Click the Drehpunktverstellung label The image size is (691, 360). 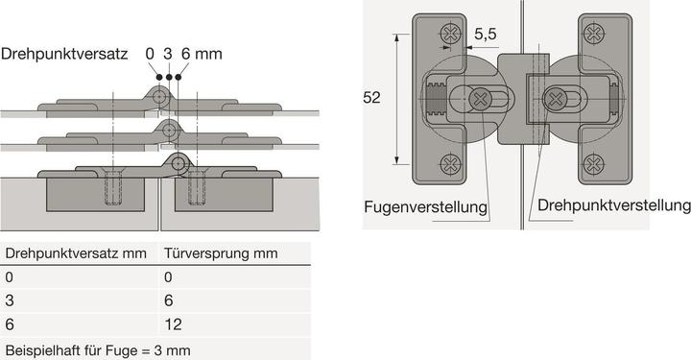[x=614, y=205]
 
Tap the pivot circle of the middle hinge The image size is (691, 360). [x=169, y=130]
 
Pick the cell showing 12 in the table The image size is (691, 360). [x=173, y=324]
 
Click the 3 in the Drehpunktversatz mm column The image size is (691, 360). [x=10, y=300]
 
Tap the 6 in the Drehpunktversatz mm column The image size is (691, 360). [x=10, y=324]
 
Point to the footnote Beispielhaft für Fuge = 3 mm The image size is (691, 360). [x=98, y=348]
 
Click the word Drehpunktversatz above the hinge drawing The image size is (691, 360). [x=64, y=54]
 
